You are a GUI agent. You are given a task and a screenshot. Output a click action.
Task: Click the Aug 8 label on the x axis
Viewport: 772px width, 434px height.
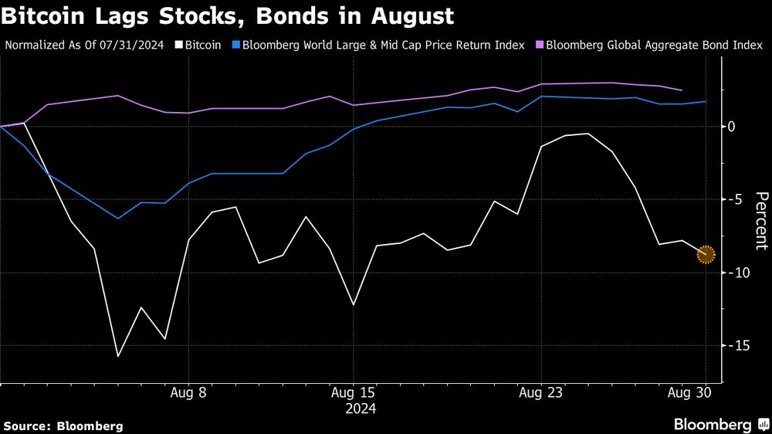click(189, 392)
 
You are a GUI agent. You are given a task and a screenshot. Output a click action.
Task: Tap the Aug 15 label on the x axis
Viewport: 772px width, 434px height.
click(353, 392)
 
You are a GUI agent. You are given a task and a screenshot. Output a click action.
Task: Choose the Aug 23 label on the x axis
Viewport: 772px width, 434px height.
click(541, 392)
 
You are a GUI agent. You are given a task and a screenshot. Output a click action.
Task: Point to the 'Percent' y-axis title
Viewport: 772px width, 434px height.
click(761, 221)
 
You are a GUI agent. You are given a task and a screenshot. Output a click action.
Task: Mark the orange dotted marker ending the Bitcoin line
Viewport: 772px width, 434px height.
click(706, 254)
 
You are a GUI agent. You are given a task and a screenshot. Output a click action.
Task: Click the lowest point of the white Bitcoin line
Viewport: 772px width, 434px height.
click(118, 356)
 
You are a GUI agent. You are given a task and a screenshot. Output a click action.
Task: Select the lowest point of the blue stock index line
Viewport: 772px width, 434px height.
click(118, 219)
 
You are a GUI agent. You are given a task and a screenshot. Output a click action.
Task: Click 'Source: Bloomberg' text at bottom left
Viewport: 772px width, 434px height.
click(63, 426)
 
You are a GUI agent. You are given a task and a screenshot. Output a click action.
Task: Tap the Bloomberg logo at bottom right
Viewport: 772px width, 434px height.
click(720, 425)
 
